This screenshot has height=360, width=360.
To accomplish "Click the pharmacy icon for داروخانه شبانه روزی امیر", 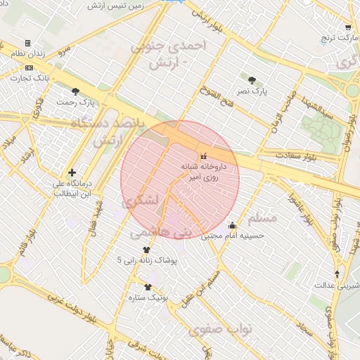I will click(x=203, y=155).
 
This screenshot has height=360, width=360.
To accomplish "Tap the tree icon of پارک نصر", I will click(x=252, y=79).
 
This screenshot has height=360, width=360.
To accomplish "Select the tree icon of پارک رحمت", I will click(x=76, y=91).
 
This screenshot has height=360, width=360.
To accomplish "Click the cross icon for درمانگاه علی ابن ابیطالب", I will click(x=72, y=172).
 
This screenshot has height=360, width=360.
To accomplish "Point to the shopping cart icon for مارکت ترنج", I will click(x=347, y=28).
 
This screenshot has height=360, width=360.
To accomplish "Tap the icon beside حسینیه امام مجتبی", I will click(x=232, y=226).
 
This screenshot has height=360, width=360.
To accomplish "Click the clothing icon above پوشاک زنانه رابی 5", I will click(x=146, y=250).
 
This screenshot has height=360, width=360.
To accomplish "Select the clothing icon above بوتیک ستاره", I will click(x=148, y=287).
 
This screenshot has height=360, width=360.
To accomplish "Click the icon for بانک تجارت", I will click(x=29, y=67).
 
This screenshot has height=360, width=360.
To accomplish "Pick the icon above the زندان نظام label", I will click(x=27, y=44).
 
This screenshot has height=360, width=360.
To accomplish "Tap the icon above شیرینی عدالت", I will click(x=336, y=274).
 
